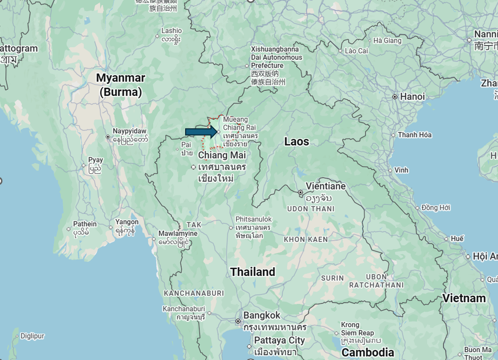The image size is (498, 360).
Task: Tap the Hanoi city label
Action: [x=412, y=97]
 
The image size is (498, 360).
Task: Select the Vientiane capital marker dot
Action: [x=301, y=193]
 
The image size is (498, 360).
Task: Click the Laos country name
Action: [x=297, y=142]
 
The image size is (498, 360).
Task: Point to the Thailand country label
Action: [x=252, y=272]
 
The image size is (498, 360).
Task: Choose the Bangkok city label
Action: [x=262, y=315]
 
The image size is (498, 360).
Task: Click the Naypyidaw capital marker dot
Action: [x=108, y=137]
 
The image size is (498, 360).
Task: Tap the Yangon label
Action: [x=127, y=222]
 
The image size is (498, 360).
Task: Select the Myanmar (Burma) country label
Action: [x=120, y=84]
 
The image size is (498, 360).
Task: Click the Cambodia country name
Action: [x=368, y=353]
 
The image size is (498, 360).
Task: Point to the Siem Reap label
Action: [x=358, y=333]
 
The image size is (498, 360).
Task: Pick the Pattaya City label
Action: [x=279, y=340]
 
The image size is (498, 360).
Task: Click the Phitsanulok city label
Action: [x=253, y=219]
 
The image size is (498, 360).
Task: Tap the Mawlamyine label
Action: [x=178, y=234]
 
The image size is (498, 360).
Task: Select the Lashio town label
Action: [x=171, y=31]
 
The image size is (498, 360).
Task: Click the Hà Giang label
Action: [x=387, y=41]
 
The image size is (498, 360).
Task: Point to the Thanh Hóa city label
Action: [x=415, y=135]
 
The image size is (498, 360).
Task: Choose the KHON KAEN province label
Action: [x=306, y=239]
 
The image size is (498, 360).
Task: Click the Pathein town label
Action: [x=85, y=224]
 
